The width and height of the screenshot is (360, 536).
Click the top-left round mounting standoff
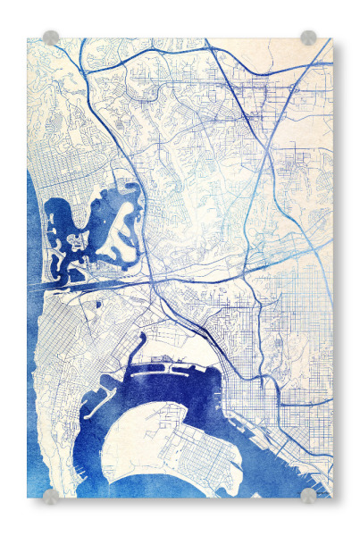click(51, 38)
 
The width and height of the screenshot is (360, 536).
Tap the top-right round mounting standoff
click(308, 38)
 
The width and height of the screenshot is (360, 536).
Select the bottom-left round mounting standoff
click(51, 495)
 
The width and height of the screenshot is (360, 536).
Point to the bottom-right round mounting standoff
click(308, 495)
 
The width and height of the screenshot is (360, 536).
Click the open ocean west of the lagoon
click(34, 232)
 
